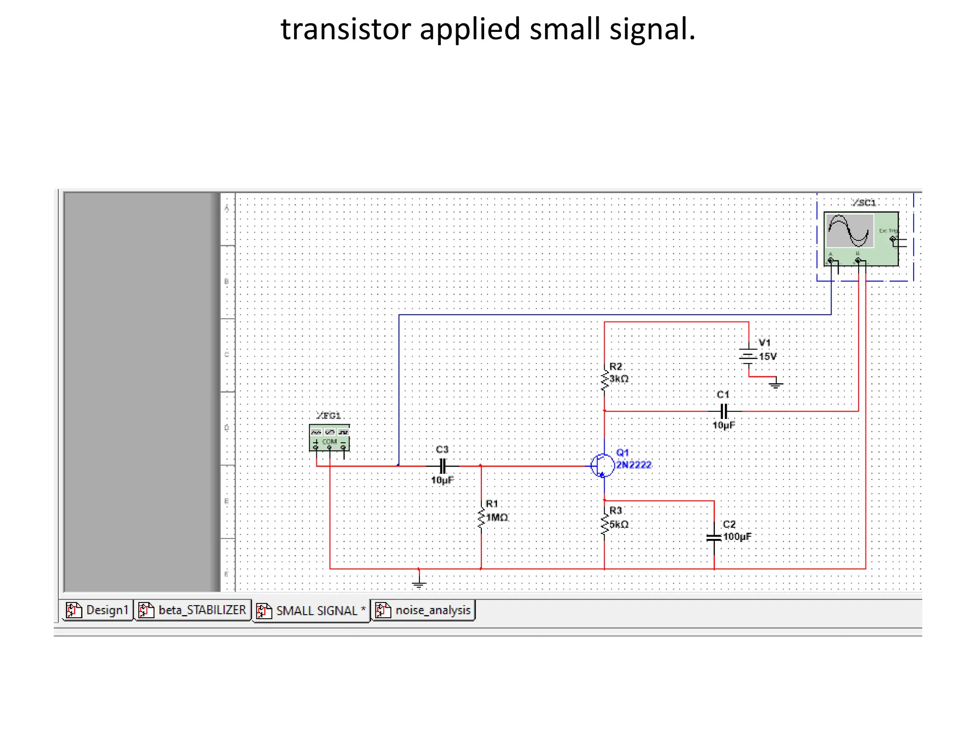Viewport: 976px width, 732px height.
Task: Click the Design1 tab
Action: (x=98, y=610)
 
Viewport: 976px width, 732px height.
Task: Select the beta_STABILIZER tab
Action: (x=193, y=610)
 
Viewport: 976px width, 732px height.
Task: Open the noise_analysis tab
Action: (x=424, y=610)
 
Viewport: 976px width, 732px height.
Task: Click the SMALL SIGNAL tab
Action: (x=312, y=611)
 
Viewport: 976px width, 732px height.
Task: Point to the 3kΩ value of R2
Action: (x=619, y=379)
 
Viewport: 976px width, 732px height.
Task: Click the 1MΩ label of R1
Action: (x=497, y=518)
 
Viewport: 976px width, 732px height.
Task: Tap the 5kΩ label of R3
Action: (x=619, y=524)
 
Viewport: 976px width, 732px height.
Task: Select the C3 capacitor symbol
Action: (x=443, y=466)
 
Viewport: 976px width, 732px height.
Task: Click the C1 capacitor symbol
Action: (x=724, y=411)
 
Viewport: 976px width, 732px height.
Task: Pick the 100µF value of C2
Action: (x=737, y=537)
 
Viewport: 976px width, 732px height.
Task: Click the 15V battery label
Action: (x=768, y=356)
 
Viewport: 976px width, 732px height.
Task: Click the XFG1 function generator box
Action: (x=329, y=437)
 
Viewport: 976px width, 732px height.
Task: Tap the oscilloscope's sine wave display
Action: (x=849, y=231)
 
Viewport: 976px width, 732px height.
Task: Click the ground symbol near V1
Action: (x=776, y=384)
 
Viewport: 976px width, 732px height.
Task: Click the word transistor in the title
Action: (x=346, y=30)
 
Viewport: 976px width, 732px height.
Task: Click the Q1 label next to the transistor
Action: (x=622, y=453)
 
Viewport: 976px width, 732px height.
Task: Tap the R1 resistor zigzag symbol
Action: (x=481, y=518)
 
